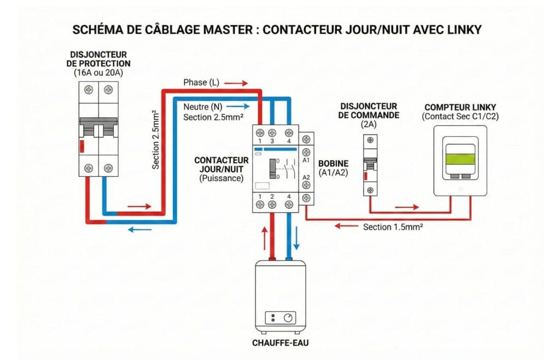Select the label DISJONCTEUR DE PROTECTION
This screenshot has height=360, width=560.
[100, 59]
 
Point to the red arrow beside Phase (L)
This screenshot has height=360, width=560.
[236, 83]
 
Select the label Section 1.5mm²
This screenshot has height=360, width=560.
[393, 227]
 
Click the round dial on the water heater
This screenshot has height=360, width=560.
[288, 318]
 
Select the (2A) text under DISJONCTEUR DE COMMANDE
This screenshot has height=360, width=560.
[369, 125]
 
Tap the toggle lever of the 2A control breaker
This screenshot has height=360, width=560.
[370, 164]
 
